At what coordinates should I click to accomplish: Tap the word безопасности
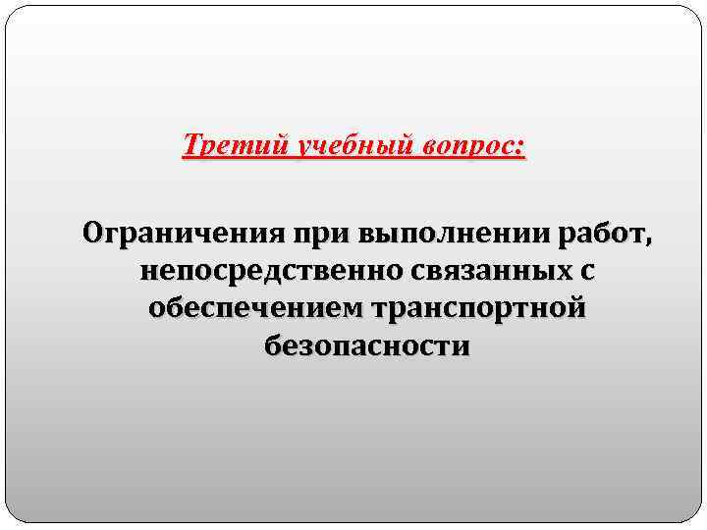point(366,345)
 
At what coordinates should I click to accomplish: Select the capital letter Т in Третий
point(190,146)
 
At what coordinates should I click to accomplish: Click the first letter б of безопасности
point(271,344)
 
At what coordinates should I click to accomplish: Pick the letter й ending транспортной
point(578,307)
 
